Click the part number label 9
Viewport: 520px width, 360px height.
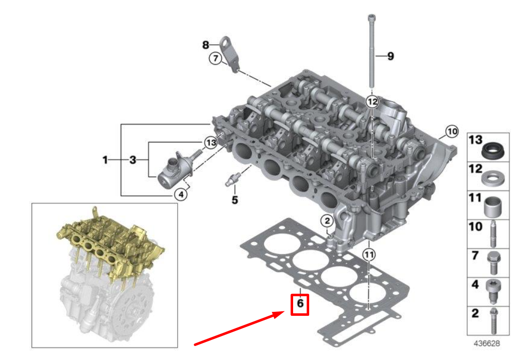click(x=390, y=56)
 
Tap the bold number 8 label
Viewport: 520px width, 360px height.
click(x=205, y=45)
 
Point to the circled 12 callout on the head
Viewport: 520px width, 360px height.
click(x=371, y=102)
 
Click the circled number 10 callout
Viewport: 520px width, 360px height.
click(x=452, y=132)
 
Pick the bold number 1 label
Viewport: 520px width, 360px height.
click(x=105, y=160)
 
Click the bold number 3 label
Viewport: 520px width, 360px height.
click(x=133, y=160)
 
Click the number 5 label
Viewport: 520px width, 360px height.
click(x=234, y=200)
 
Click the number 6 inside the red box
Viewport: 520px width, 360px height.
click(x=300, y=304)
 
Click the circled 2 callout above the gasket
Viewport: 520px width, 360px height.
click(x=326, y=220)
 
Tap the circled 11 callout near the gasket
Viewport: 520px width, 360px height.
click(x=369, y=255)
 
